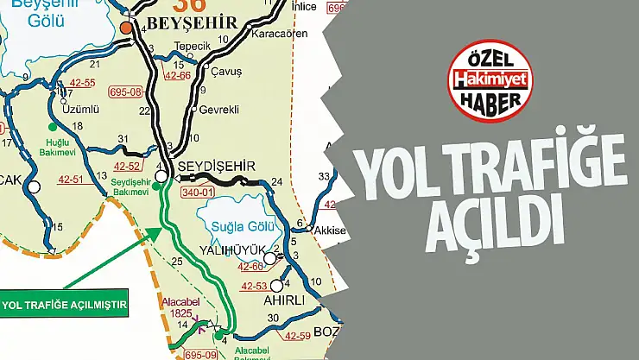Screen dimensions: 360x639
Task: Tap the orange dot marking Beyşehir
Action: point(127,28)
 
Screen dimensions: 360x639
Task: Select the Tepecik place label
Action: point(193,48)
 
